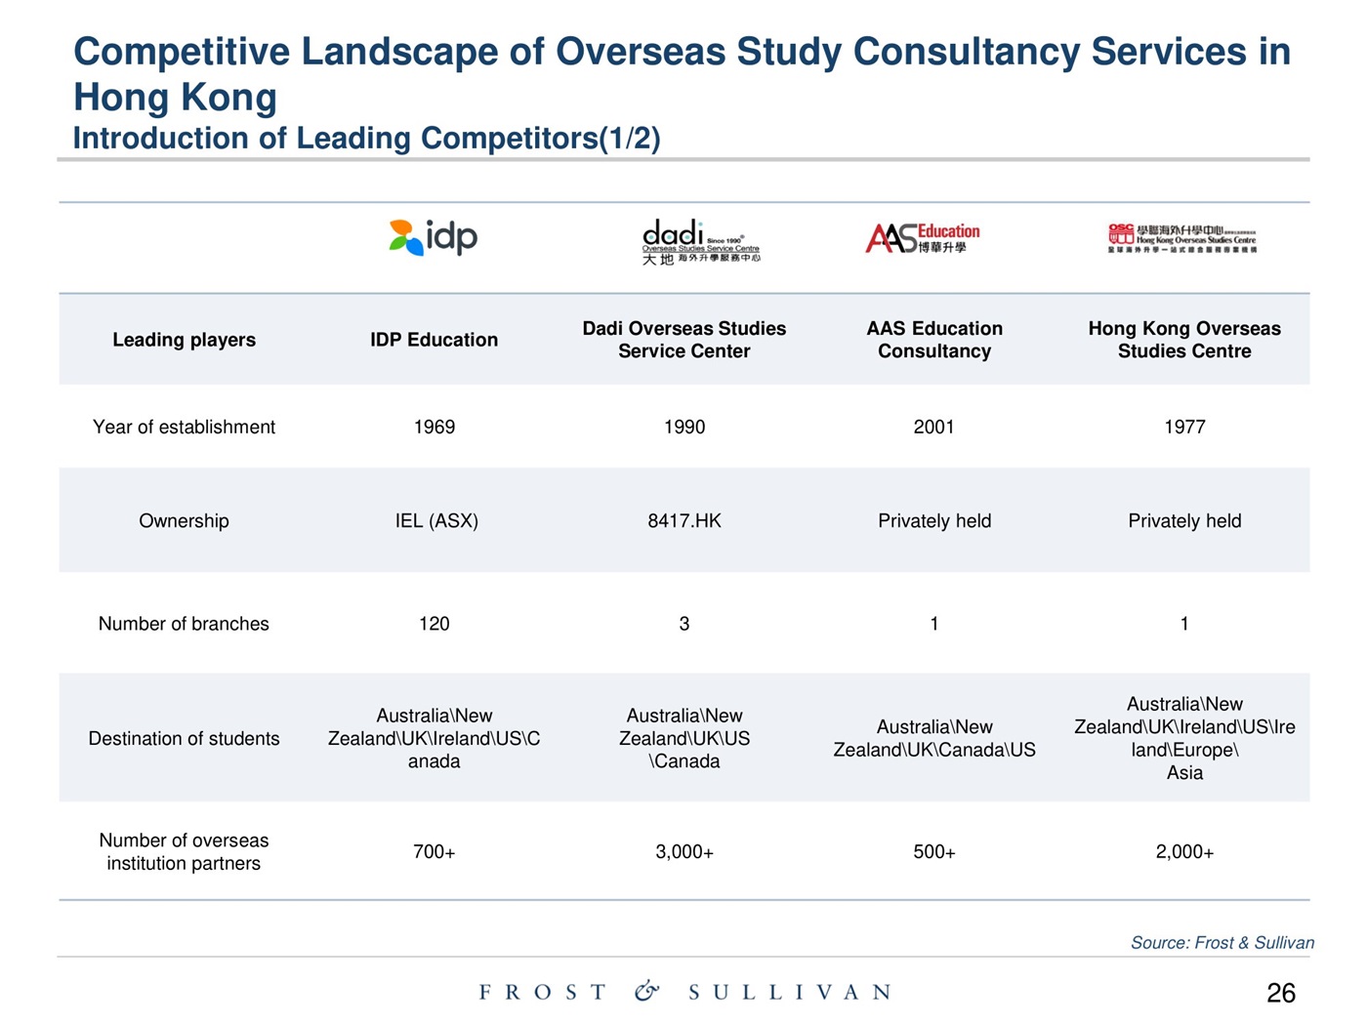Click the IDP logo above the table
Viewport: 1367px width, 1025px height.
pos(434,237)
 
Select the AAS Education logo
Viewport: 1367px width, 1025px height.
pos(923,237)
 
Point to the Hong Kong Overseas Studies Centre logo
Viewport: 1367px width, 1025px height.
pos(1182,237)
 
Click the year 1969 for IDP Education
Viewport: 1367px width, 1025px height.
pos(435,427)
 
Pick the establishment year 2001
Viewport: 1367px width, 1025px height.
pos(934,427)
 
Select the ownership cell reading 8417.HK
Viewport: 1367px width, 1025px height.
pos(684,520)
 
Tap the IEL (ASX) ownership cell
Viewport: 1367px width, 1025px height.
pos(436,520)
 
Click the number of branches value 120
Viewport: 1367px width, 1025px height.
pos(435,624)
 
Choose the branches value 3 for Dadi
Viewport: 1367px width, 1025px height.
pos(684,624)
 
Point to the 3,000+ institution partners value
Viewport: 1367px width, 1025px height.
pos(684,852)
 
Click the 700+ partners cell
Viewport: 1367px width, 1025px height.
pos(435,852)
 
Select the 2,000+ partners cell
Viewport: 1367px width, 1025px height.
pos(1184,852)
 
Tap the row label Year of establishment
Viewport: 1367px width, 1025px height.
pos(184,427)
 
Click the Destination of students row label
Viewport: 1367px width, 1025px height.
pos(184,739)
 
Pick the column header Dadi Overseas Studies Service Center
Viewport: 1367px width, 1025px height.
pos(684,340)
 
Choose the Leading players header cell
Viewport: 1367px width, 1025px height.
pos(184,340)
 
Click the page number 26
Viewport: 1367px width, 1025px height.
pos(1281,994)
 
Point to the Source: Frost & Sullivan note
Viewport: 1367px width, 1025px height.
pos(1222,942)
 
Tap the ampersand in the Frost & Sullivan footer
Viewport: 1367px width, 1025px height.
pos(646,992)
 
